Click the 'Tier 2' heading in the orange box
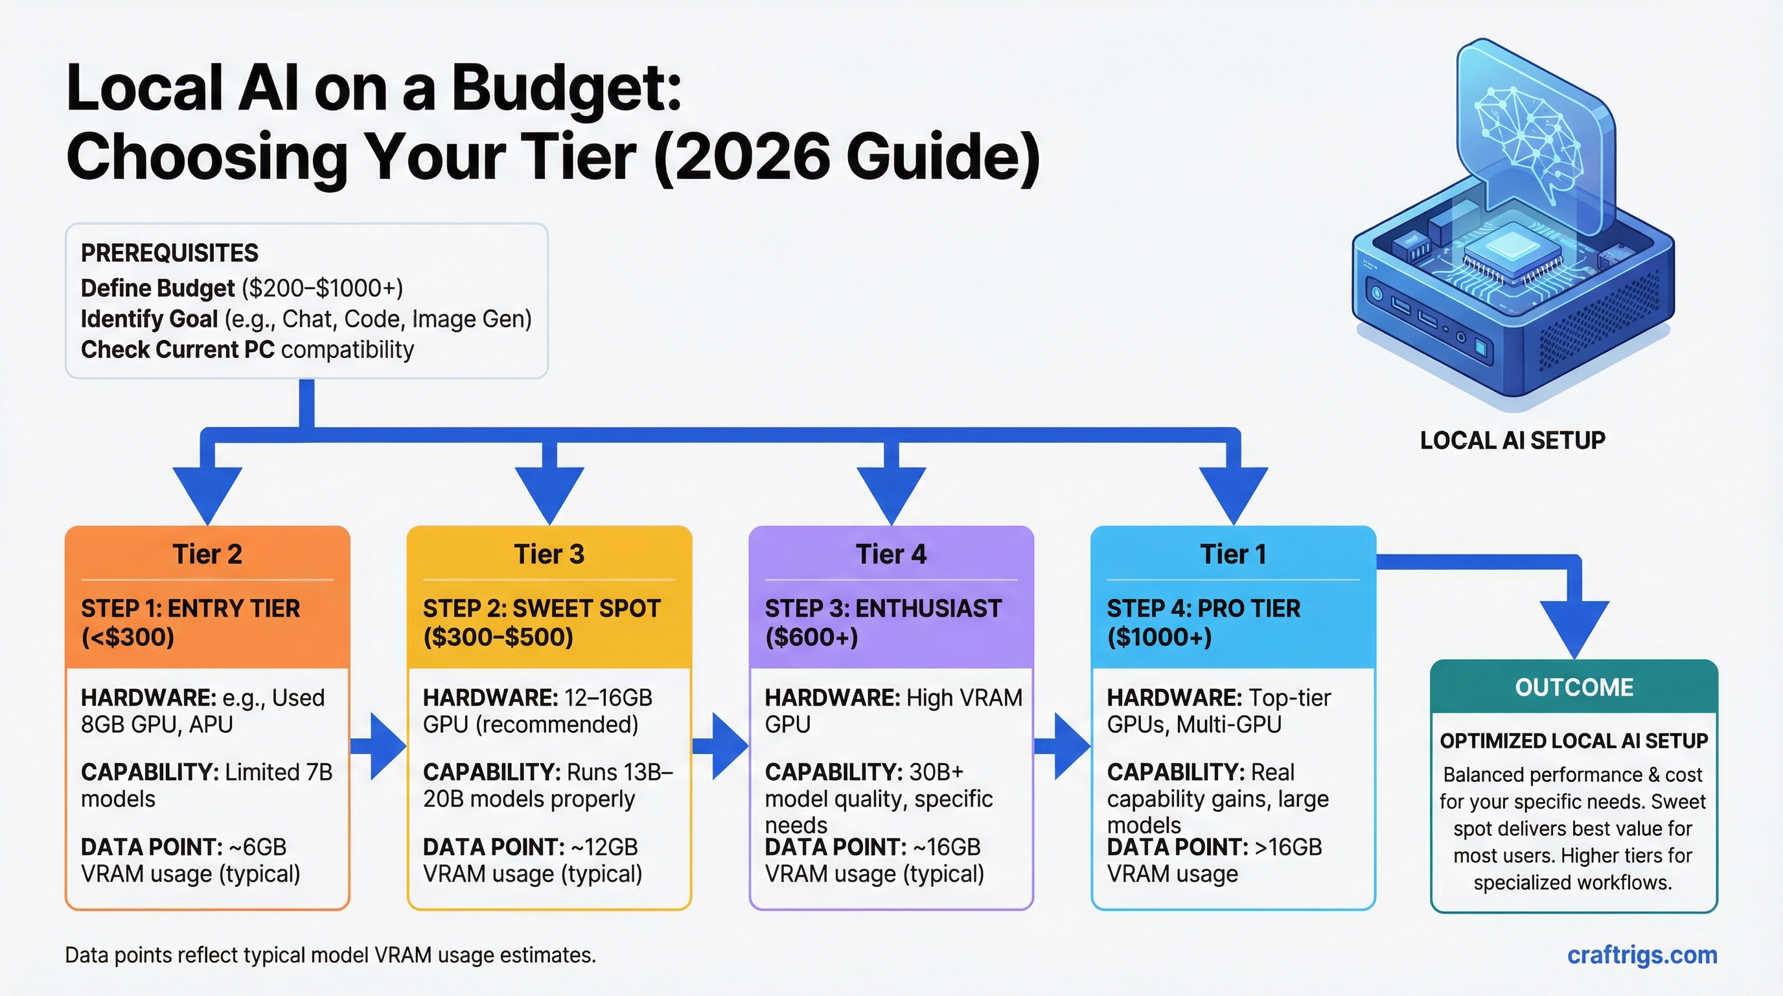[x=207, y=554]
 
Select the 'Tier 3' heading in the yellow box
[x=549, y=554]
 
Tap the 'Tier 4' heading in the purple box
[x=891, y=554]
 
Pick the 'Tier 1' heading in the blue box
[x=1233, y=554]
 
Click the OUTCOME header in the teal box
[x=1574, y=687]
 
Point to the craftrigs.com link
[x=1642, y=955]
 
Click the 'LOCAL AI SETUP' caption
[x=1512, y=440]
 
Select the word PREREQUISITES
[x=170, y=253]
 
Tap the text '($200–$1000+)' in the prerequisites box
[x=322, y=288]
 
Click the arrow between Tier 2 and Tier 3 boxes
[x=379, y=746]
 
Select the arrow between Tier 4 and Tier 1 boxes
[x=1063, y=746]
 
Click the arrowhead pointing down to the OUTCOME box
[x=1574, y=627]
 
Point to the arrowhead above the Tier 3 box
[x=549, y=493]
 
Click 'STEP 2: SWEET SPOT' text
[x=541, y=608]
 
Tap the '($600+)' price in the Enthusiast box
[x=811, y=637]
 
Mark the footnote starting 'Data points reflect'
[x=330, y=955]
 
